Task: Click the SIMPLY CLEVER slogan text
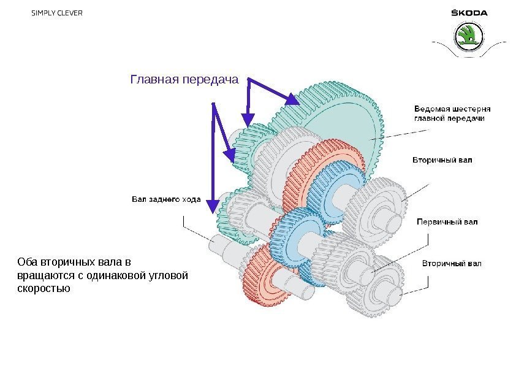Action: [56, 13]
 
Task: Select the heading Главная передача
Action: [184, 80]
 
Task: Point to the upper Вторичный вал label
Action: [441, 161]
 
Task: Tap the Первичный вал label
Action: [447, 221]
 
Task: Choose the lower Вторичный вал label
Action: [452, 264]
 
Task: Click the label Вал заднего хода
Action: [166, 199]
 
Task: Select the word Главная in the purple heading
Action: [154, 80]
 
